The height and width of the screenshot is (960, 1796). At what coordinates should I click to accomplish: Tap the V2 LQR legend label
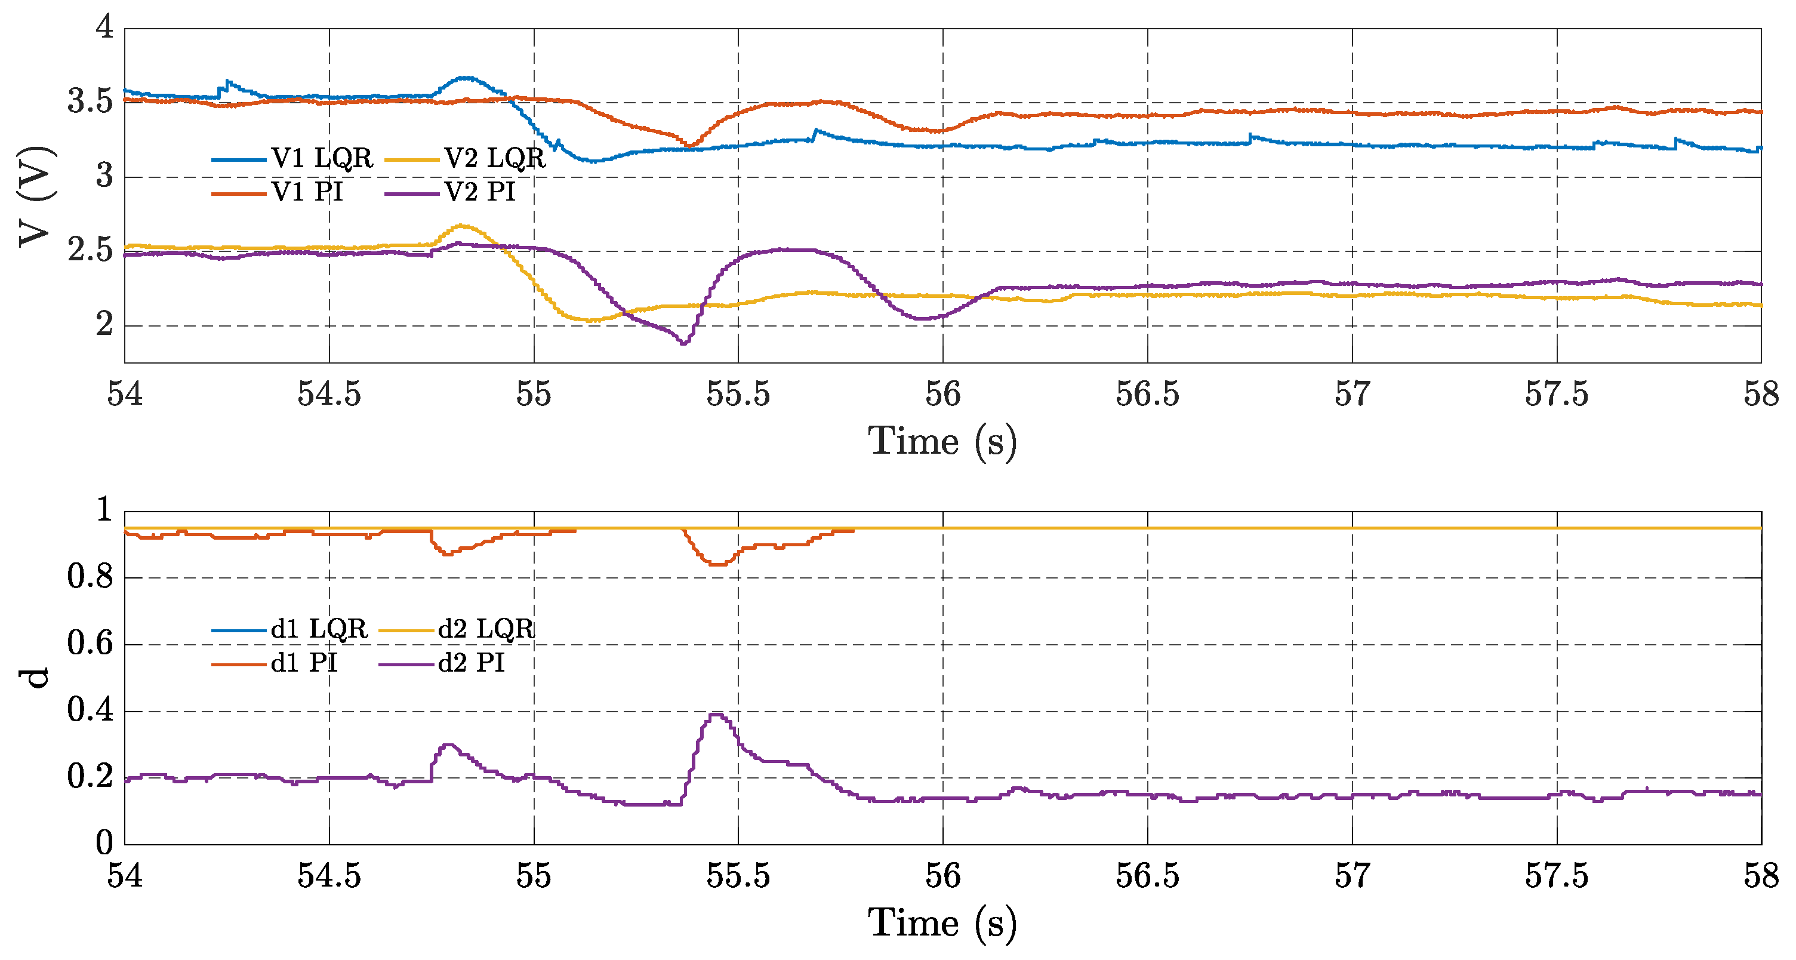click(494, 159)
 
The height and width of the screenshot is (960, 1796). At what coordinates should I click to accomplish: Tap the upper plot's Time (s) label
click(942, 441)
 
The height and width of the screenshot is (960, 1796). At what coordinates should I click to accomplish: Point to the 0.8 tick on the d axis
click(90, 577)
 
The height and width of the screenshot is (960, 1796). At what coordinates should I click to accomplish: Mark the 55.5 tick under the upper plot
click(738, 395)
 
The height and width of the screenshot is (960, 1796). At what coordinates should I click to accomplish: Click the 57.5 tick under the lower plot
click(1556, 876)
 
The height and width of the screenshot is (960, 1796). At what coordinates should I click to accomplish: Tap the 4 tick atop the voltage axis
click(104, 28)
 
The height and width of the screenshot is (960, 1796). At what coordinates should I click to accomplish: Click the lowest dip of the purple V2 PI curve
click(683, 343)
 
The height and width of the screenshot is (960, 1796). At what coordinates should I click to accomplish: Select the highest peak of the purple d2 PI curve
click(716, 714)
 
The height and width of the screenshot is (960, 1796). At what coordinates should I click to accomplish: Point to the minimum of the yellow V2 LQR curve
click(590, 321)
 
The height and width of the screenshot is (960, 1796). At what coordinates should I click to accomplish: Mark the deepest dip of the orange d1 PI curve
click(718, 564)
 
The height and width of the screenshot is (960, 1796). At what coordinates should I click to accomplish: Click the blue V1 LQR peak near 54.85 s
click(466, 78)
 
